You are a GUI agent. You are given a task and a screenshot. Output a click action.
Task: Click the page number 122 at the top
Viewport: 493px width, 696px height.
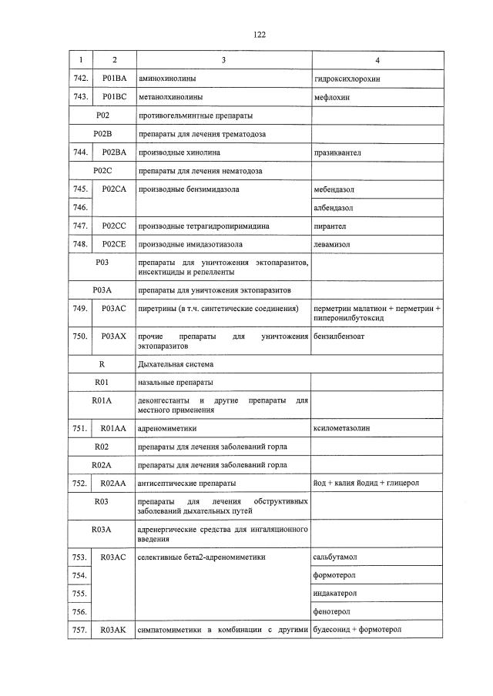[x=258, y=34]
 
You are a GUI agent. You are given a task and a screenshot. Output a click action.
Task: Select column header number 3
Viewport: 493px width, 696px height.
[x=223, y=59]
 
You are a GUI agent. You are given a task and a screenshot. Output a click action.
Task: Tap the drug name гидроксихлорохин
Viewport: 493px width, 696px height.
[x=347, y=79]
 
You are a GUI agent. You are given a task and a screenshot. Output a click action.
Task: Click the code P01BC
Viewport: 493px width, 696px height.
[x=114, y=98]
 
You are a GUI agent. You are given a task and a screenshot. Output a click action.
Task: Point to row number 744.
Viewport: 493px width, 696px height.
[x=79, y=153]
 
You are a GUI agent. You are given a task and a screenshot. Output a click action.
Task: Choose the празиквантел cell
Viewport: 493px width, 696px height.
[x=338, y=153]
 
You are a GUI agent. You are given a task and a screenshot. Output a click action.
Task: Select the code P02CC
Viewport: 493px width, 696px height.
[x=114, y=226]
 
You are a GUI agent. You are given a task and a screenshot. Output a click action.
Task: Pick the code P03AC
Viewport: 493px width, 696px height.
[x=114, y=309]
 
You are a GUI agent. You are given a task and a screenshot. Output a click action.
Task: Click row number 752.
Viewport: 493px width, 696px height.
[x=79, y=484]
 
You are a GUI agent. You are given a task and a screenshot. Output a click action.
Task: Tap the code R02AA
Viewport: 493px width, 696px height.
[x=114, y=484]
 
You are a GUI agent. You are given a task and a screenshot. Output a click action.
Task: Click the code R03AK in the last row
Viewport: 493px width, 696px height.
[x=114, y=631]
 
